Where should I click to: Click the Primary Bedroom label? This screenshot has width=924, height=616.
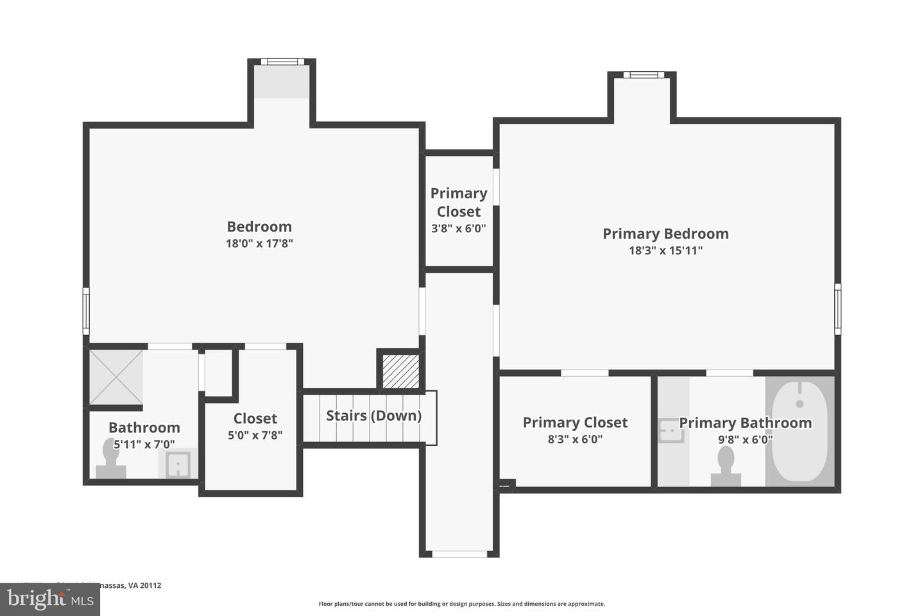pyautogui.click(x=665, y=234)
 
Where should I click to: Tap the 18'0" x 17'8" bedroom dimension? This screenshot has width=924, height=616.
pyautogui.click(x=259, y=244)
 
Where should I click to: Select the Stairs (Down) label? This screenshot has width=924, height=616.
pyautogui.click(x=373, y=416)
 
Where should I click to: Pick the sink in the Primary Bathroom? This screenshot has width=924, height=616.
pyautogui.click(x=671, y=431)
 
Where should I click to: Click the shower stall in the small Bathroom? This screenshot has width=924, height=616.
pyautogui.click(x=116, y=377)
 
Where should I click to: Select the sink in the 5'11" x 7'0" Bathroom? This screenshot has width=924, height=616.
pyautogui.click(x=177, y=465)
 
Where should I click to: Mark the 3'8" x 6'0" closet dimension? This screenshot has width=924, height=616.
pyautogui.click(x=458, y=228)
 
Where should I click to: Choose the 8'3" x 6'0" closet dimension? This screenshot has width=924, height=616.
pyautogui.click(x=575, y=440)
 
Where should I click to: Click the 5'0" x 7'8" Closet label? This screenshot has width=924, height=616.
pyautogui.click(x=255, y=419)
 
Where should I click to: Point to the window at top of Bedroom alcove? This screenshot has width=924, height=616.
pyautogui.click(x=282, y=62)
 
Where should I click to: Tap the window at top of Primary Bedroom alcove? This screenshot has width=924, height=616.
pyautogui.click(x=643, y=75)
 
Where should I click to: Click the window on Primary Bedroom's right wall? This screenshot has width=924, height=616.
pyautogui.click(x=837, y=309)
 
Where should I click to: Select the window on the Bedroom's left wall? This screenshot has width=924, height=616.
pyautogui.click(x=86, y=311)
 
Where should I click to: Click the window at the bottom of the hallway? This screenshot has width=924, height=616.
pyautogui.click(x=459, y=554)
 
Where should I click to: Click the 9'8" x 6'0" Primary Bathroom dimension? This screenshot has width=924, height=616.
pyautogui.click(x=745, y=440)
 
